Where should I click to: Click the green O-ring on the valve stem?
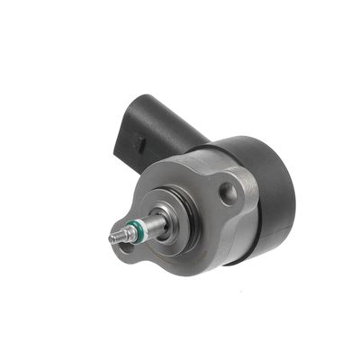click(x=136, y=229)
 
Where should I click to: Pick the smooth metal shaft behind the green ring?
click(x=153, y=223)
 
